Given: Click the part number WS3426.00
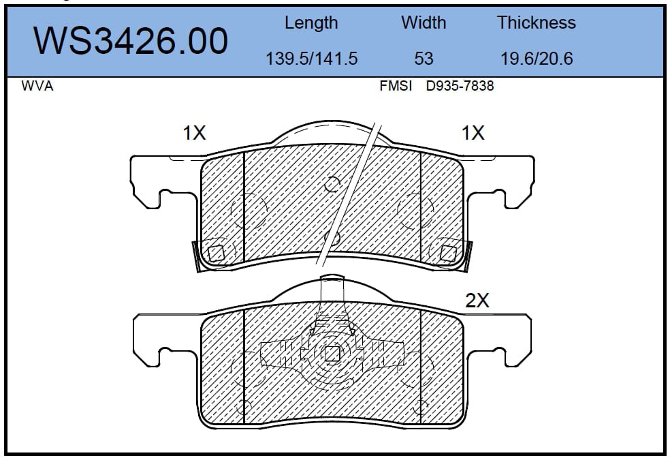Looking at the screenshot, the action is [131, 41].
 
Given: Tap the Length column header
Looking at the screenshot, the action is [311, 23].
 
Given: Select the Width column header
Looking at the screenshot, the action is [424, 22].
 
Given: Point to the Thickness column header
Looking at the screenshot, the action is [537, 22].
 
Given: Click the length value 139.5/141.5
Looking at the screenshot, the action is [311, 59].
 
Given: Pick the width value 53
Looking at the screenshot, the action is [424, 59].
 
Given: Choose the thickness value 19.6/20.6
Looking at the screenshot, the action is [537, 59].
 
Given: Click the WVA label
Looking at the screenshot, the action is [37, 86].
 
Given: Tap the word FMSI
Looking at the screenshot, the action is [396, 86].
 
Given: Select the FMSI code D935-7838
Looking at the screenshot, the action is [460, 86].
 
